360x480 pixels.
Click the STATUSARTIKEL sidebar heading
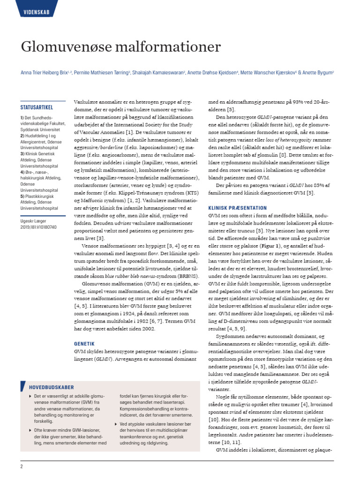[x=40, y=106]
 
